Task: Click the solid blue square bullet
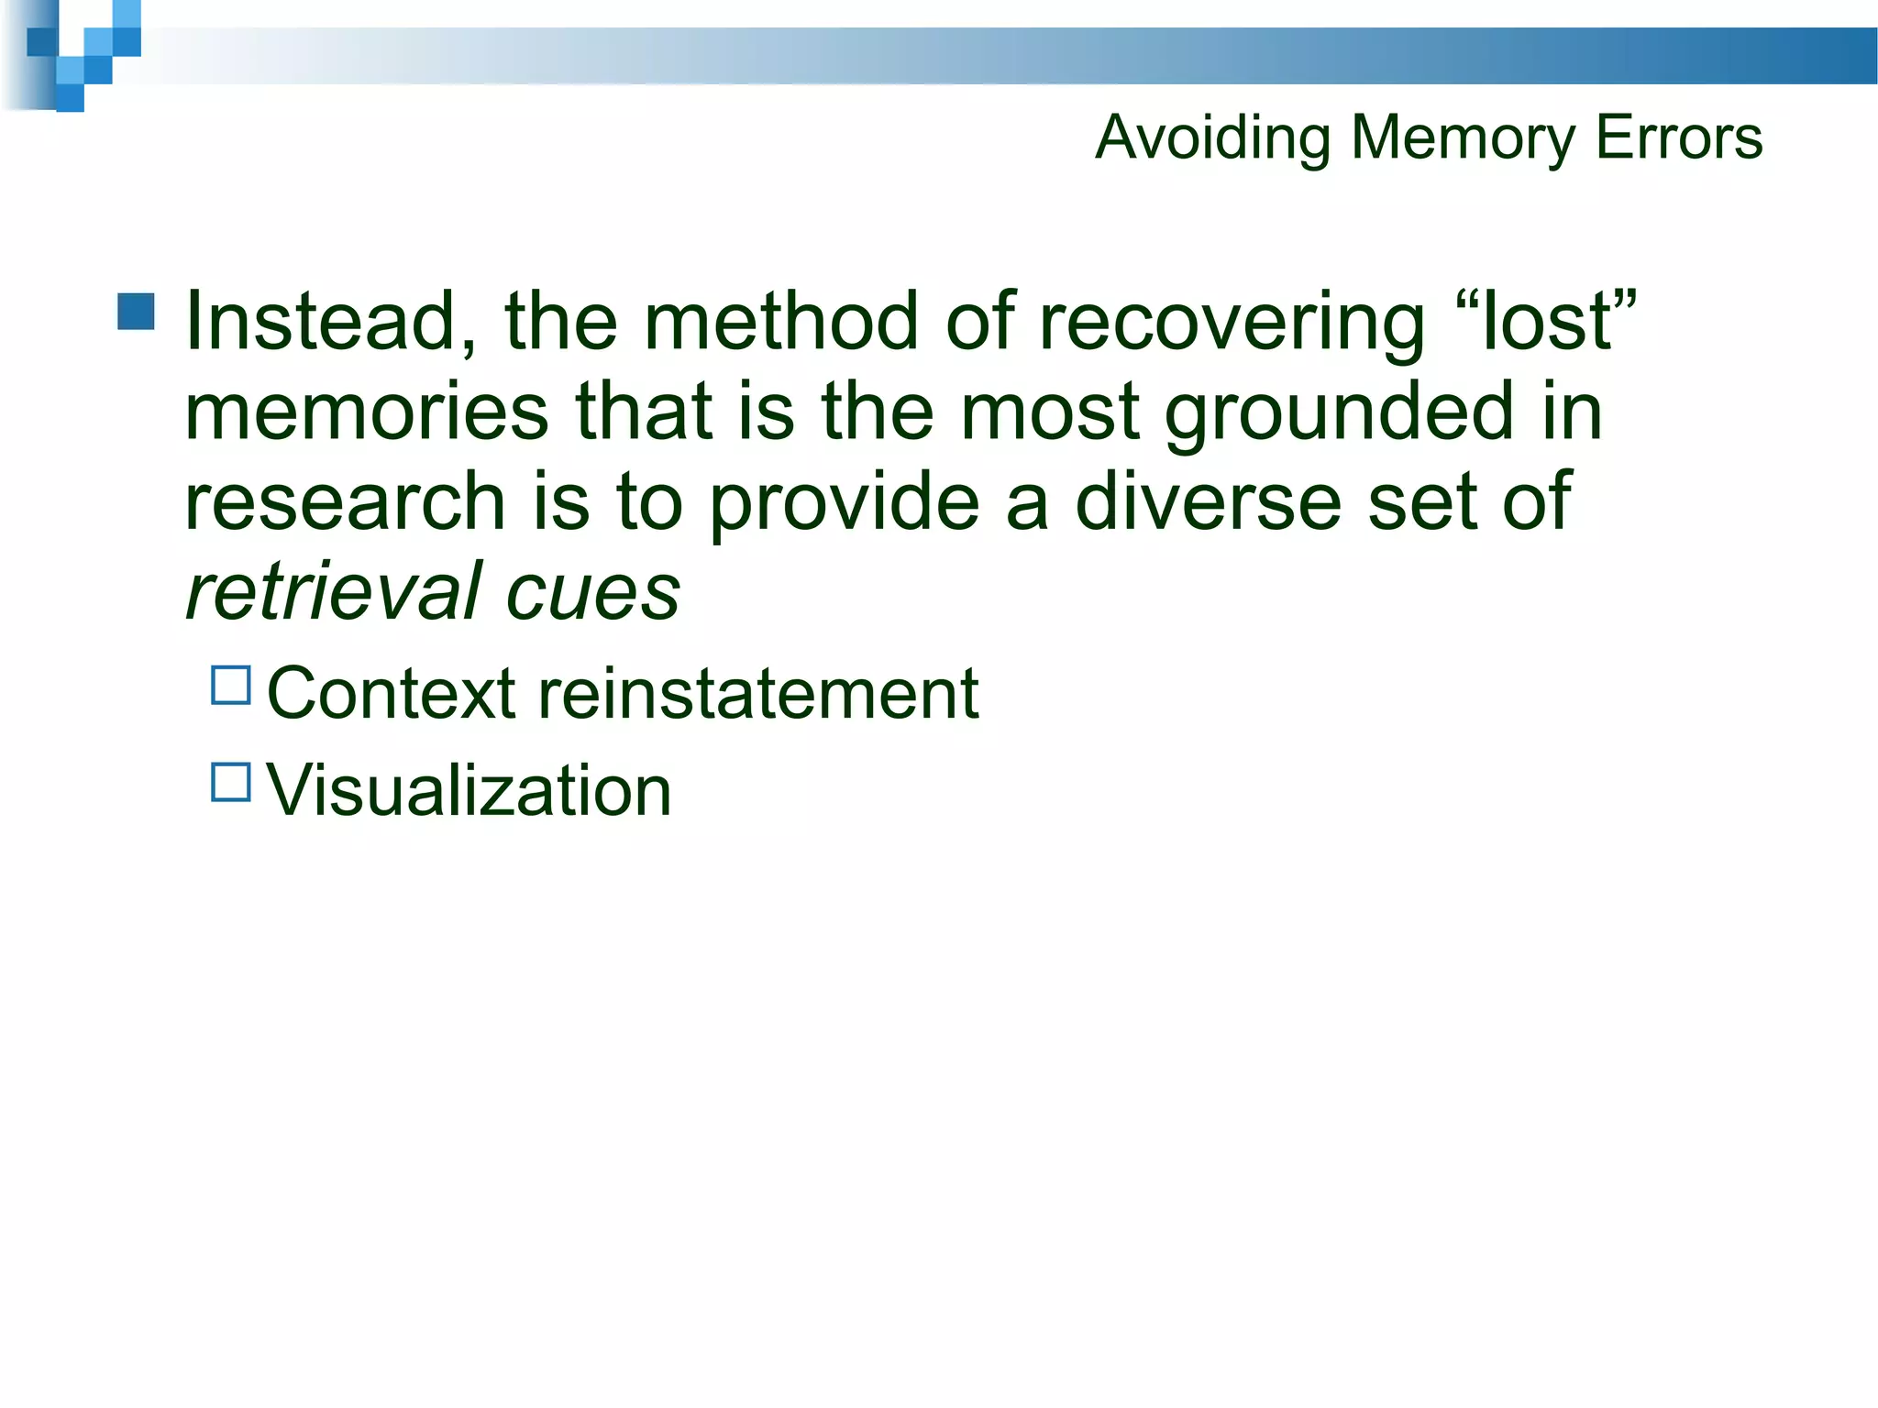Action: click(137, 312)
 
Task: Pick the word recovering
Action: click(1232, 323)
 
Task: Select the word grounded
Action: click(1339, 412)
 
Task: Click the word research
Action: click(346, 501)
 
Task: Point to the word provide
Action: click(844, 503)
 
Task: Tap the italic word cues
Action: click(592, 593)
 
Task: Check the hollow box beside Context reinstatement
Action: click(231, 685)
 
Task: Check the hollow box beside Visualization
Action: click(231, 782)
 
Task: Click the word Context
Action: click(391, 693)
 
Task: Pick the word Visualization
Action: click(469, 790)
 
